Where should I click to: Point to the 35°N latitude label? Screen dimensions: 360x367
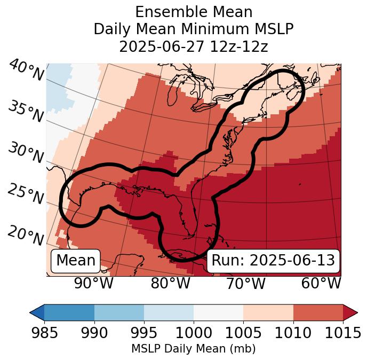pyautogui.click(x=26, y=111)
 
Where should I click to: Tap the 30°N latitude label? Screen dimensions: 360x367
pyautogui.click(x=26, y=153)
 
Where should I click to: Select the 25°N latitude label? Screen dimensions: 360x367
pyautogui.click(x=26, y=194)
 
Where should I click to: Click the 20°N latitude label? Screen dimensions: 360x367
pyautogui.click(x=26, y=235)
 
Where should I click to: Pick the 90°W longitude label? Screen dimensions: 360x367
pyautogui.click(x=94, y=283)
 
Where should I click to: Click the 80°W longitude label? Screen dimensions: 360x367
pyautogui.click(x=171, y=283)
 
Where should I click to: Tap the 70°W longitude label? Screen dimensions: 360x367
pyautogui.click(x=246, y=283)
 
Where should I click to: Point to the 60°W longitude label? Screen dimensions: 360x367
pyautogui.click(x=321, y=283)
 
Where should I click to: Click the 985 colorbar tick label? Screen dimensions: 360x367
pyautogui.click(x=45, y=333)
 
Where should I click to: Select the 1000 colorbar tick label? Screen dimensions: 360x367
pyautogui.click(x=194, y=333)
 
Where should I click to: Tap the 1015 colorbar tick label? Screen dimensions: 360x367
pyautogui.click(x=342, y=333)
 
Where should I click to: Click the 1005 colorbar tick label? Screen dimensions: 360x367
pyautogui.click(x=243, y=333)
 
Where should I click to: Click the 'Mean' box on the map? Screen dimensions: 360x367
pyautogui.click(x=75, y=261)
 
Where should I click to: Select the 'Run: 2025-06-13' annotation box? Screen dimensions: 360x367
pyautogui.click(x=273, y=261)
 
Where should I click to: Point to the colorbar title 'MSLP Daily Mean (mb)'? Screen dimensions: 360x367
pyautogui.click(x=193, y=349)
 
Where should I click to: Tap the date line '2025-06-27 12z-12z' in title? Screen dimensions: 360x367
pyautogui.click(x=194, y=46)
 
